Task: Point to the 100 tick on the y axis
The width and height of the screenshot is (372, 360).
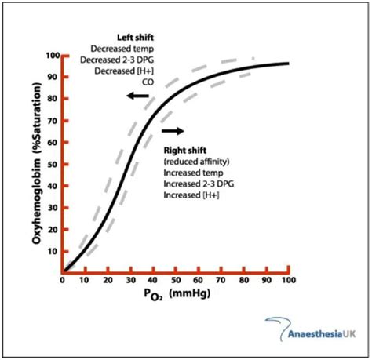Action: tap(53, 56)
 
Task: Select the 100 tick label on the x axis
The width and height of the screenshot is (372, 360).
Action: tap(287, 280)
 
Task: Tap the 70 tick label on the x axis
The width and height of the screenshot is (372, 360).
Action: tap(221, 280)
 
